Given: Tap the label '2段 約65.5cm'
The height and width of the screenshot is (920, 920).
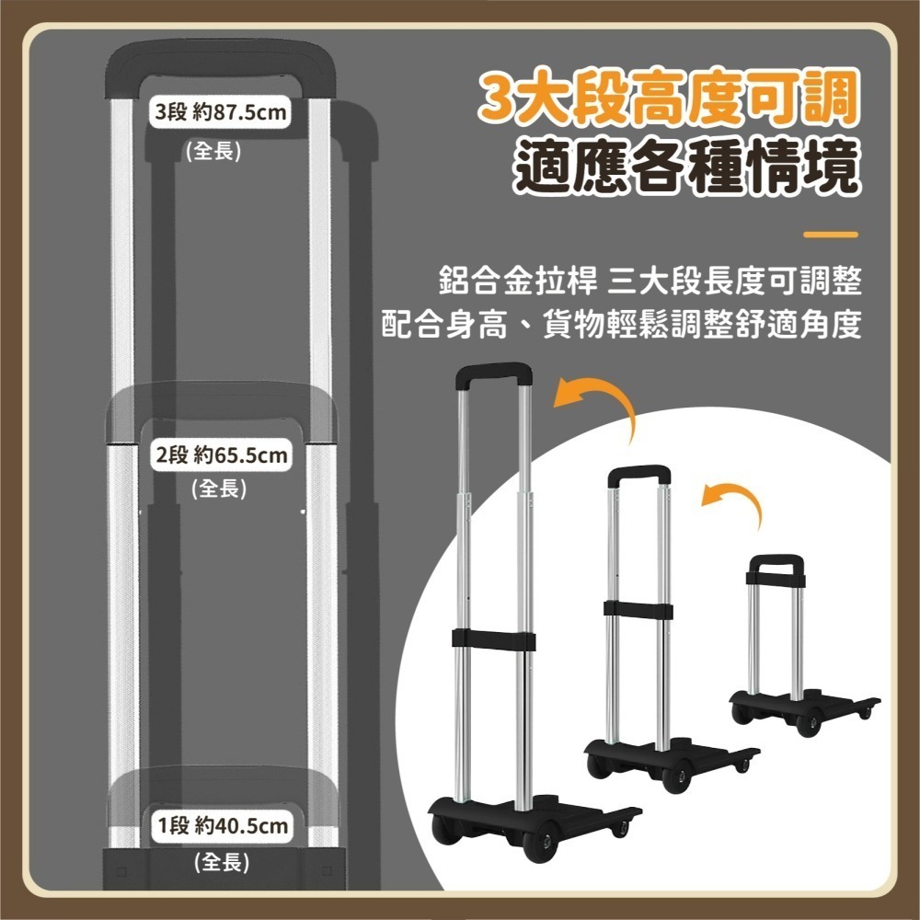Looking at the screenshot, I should point(221,454).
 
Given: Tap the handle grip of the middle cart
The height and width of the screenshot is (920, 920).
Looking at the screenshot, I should point(638,475).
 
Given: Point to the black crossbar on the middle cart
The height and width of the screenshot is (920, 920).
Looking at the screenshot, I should point(638,608).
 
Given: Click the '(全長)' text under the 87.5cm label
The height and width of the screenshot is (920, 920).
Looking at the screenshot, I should point(214,151).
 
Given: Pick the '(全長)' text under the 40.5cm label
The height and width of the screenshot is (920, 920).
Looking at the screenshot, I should point(222,862).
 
